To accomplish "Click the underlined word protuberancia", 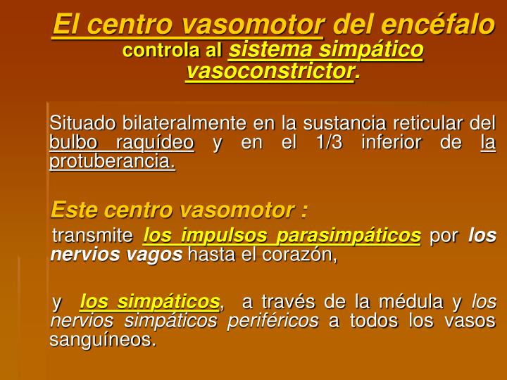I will point(111,163).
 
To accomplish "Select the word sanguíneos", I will point(102,341).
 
